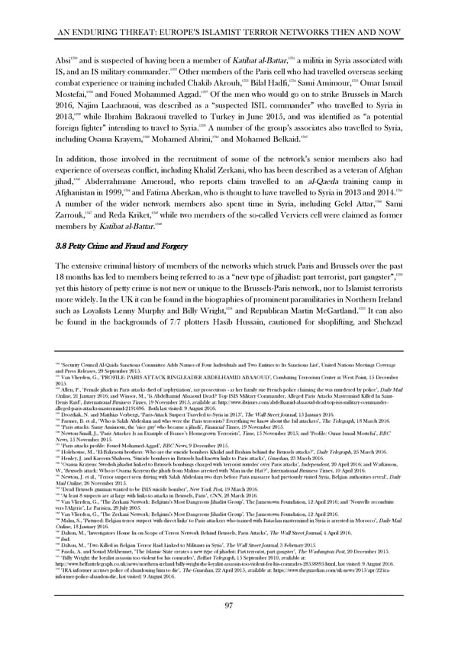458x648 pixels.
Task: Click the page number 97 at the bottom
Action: (x=228, y=627)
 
